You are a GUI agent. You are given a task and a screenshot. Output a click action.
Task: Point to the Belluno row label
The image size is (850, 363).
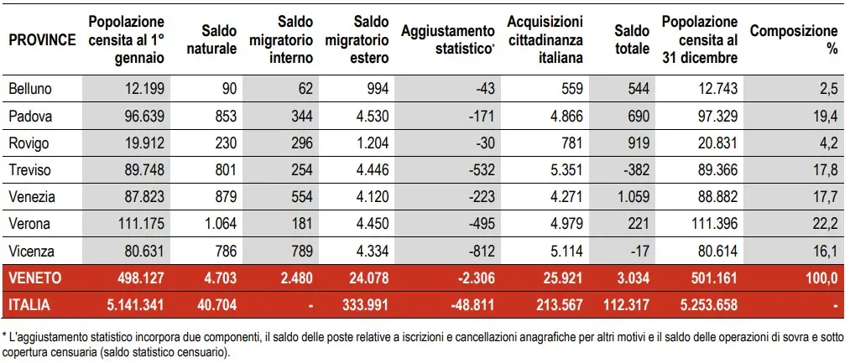click(x=28, y=90)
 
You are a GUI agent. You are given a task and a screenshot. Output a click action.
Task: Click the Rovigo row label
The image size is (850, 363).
click(x=27, y=143)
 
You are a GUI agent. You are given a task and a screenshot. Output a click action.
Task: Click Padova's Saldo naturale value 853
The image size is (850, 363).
click(x=224, y=116)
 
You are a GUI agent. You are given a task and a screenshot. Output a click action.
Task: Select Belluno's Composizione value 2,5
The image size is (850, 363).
click(x=828, y=90)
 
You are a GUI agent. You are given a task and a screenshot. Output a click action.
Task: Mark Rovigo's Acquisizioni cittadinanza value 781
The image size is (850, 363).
click(x=570, y=143)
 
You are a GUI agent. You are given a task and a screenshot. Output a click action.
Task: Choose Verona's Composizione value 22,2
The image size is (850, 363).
click(x=825, y=223)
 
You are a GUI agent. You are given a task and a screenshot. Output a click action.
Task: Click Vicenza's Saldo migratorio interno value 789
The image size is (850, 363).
click(x=301, y=250)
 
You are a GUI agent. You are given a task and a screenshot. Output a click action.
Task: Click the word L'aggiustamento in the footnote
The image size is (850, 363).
click(x=45, y=336)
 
